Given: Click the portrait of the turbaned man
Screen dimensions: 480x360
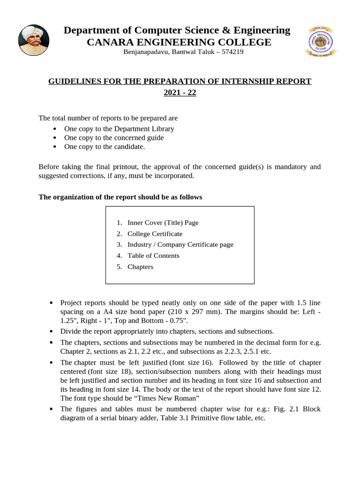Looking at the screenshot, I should [33, 40].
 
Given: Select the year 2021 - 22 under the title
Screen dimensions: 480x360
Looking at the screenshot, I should [180, 92].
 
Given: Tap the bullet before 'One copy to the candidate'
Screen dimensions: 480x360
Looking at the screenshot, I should [55, 147].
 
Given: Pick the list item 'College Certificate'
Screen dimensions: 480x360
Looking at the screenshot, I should [155, 233].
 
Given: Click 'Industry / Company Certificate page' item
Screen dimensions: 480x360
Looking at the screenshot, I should [180, 244].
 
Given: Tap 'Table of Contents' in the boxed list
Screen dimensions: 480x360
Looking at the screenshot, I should [153, 255].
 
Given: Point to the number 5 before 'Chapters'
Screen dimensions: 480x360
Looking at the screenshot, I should [119, 267].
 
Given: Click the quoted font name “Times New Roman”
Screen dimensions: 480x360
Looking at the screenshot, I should [166, 398].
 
